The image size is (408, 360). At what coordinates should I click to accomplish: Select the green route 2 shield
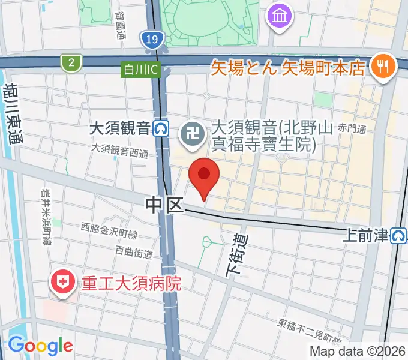point(71,62)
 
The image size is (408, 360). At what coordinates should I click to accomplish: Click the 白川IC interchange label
point(139,69)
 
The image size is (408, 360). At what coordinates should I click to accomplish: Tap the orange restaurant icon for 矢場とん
point(381,65)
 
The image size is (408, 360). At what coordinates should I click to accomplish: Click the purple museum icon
point(280,15)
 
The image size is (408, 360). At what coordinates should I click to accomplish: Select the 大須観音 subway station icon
point(160,128)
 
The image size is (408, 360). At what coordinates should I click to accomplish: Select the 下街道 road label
point(236,254)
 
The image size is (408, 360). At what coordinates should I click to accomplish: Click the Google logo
point(40,346)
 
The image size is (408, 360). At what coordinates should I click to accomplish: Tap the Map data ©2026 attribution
point(356,351)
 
